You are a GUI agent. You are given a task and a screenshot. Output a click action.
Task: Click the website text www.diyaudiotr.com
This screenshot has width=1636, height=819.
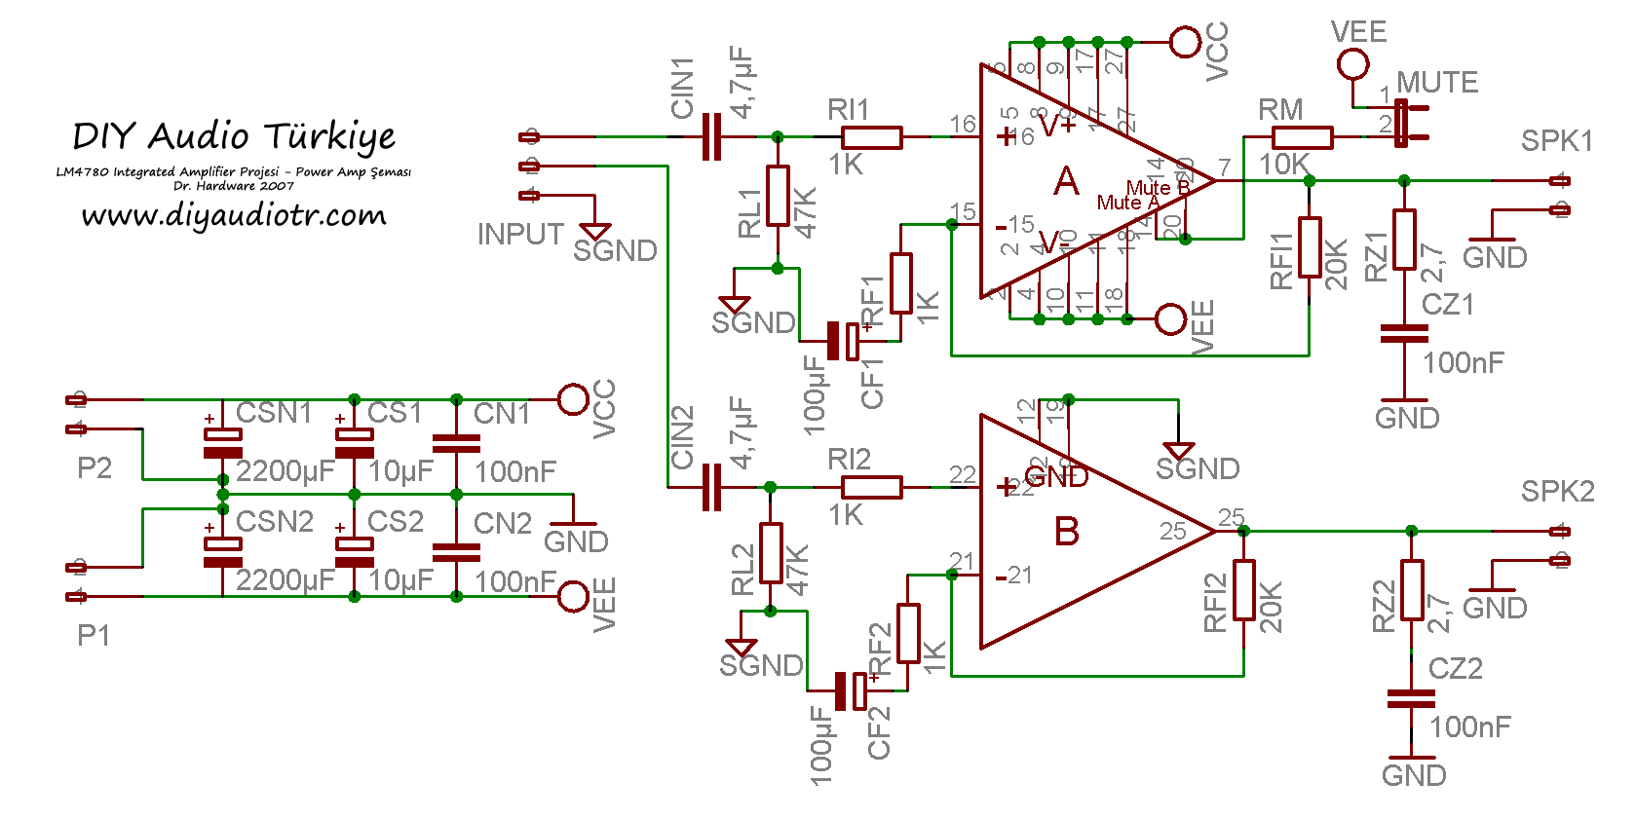point(234,215)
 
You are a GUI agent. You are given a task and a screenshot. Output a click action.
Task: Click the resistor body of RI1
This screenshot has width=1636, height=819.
point(871,137)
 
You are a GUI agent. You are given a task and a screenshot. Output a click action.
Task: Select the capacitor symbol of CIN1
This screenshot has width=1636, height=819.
point(712,137)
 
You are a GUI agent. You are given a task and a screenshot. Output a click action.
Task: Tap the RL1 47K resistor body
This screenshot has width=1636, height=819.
point(778,196)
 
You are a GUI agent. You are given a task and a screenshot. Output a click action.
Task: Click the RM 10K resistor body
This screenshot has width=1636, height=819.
point(1303,137)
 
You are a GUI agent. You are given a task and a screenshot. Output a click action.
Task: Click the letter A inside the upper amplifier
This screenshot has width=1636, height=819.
point(1067,181)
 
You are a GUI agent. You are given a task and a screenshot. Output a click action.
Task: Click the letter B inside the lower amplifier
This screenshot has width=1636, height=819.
point(1067,532)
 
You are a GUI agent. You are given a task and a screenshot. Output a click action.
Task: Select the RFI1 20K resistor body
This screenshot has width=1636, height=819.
point(1310,247)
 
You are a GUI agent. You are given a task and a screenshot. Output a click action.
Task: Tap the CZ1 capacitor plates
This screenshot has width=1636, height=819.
point(1404,334)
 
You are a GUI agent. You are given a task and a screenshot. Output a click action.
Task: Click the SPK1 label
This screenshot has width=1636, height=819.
point(1556,141)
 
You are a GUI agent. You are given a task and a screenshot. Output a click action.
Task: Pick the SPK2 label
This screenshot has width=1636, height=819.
point(1557,492)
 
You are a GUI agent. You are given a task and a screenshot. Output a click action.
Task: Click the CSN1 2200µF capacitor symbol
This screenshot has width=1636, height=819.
point(223,443)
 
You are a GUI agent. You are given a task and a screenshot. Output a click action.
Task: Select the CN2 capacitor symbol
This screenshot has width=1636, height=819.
point(456,552)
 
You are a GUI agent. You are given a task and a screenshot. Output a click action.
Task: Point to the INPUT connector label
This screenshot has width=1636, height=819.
point(520,235)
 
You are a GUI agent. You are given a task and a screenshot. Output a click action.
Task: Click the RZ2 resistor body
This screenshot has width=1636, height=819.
point(1412,590)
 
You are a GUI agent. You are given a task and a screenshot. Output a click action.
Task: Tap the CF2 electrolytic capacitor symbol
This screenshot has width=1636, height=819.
point(851,690)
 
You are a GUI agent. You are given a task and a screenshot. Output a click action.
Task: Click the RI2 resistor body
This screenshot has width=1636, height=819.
point(871,487)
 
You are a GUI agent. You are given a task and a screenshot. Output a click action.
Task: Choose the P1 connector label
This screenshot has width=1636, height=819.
point(94,636)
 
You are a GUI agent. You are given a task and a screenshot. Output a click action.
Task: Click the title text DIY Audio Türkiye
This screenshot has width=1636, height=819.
point(234,136)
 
